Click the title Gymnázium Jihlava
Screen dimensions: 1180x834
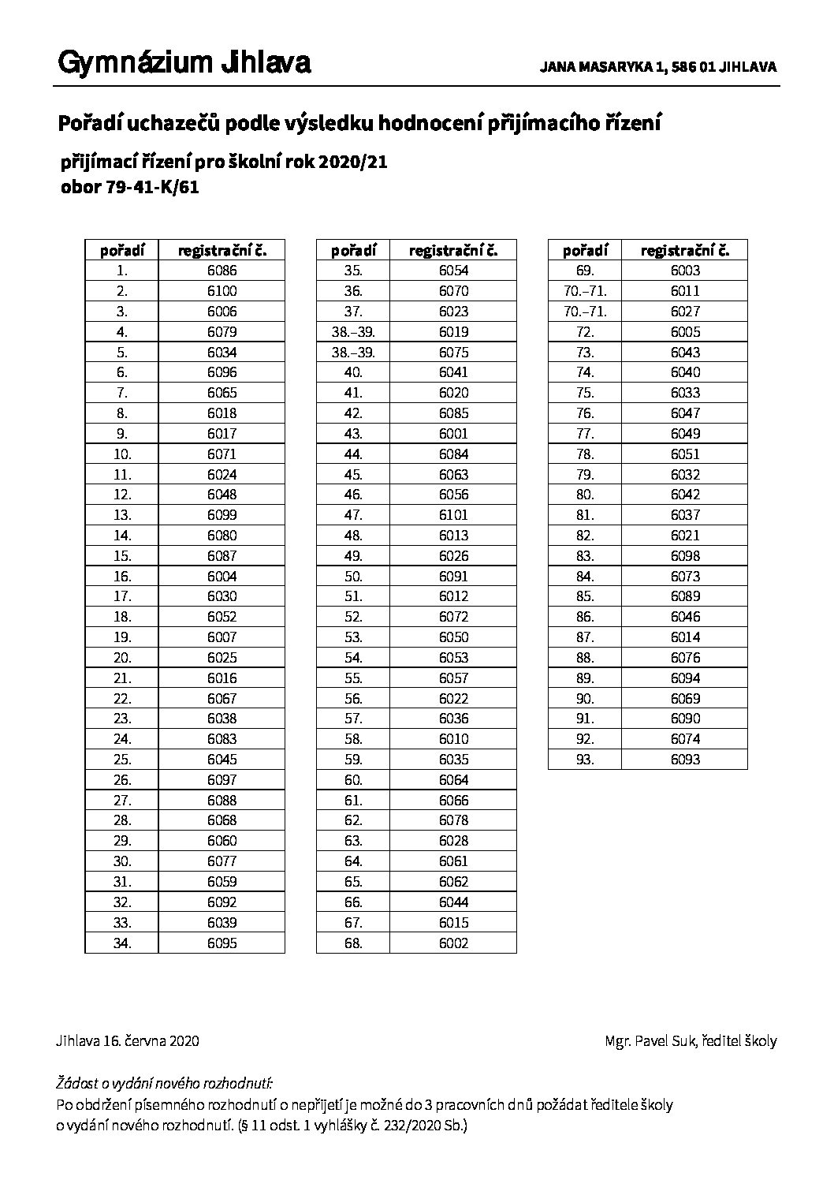coord(184,63)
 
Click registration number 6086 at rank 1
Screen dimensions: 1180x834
coord(222,271)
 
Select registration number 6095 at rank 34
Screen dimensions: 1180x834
coord(222,943)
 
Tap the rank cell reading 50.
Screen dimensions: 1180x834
coord(353,576)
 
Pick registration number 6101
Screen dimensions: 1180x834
coord(453,515)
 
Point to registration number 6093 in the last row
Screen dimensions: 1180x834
coord(685,760)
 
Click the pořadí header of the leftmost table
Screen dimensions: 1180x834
coord(121,251)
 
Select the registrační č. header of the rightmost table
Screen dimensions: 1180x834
coord(685,251)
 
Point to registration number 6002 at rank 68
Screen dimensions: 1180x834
coord(453,943)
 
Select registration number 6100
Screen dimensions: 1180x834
coord(222,291)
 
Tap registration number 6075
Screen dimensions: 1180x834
coord(453,352)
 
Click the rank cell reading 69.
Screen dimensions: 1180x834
coord(584,271)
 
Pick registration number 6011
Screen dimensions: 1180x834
coord(685,291)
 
